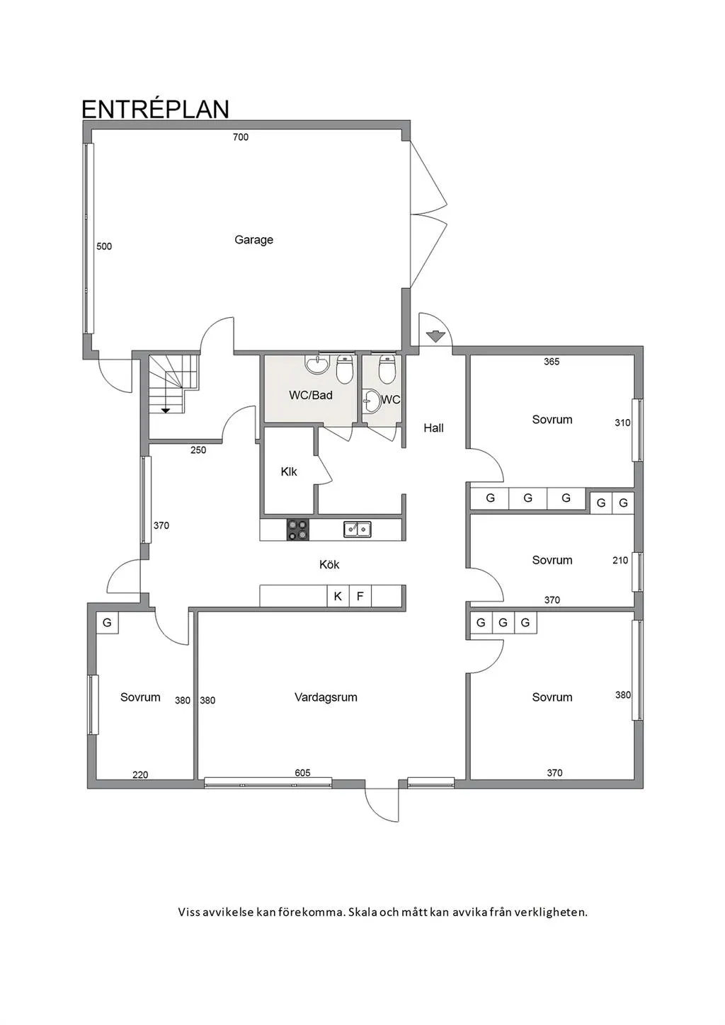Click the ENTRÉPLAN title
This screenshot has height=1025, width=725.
coord(155,109)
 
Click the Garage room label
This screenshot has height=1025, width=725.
coord(253,240)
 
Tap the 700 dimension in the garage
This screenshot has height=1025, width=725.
coord(241,137)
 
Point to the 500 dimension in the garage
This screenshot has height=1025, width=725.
coord(104,246)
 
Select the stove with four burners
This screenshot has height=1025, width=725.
coord(297,529)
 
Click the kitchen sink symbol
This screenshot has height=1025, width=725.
coord(358,529)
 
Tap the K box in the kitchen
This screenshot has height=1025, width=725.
coord(338,596)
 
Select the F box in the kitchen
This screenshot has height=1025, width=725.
coord(360,596)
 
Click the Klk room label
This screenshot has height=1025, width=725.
coord(289,471)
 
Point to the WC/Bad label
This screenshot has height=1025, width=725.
coord(310,395)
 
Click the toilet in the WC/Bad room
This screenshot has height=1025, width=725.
coord(344,368)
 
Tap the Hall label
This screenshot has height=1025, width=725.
coord(433,428)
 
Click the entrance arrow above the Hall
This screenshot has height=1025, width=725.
coord(435,336)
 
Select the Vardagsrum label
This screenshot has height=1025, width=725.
coord(326,697)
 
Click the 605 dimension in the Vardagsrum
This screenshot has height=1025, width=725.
coord(302,773)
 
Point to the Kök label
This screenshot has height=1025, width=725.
coord(329,564)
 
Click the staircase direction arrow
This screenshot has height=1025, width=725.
coord(166,409)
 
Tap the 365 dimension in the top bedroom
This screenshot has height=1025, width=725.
coord(552,362)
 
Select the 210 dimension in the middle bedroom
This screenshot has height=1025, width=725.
coord(620,560)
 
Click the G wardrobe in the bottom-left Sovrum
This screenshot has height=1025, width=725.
coord(107,623)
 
